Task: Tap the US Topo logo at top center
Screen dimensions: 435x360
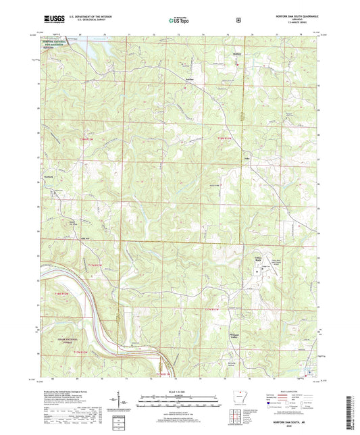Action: coord(179,20)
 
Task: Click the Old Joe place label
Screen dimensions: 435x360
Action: coord(66,233)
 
